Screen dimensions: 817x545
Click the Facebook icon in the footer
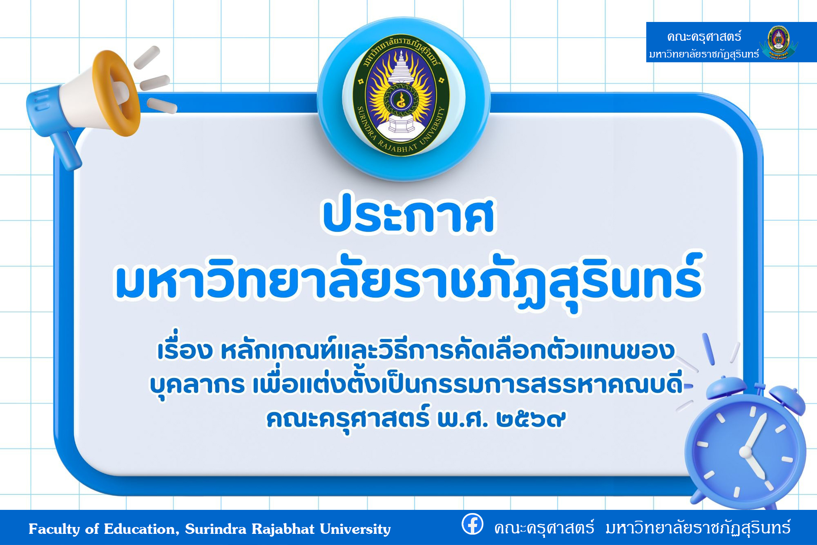(x=472, y=523)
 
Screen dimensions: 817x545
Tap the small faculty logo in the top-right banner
(x=778, y=42)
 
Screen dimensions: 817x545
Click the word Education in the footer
(x=139, y=529)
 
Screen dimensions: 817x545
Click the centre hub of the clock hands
(x=745, y=452)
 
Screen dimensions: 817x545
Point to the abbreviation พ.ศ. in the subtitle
(x=462, y=418)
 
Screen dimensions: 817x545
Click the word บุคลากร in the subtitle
(x=197, y=385)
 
